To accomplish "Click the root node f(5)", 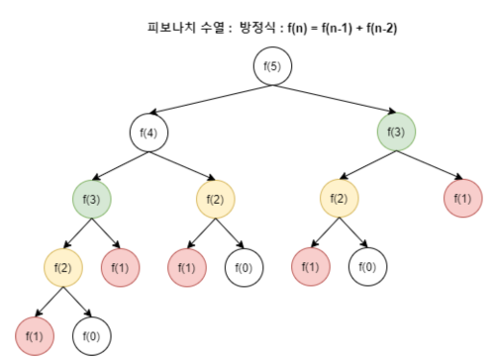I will click(x=272, y=67).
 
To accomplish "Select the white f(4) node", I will click(x=149, y=133).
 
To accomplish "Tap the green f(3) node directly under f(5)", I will click(x=396, y=133).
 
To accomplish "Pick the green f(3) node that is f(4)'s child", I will click(x=91, y=200).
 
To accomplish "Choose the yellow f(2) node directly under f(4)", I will click(x=215, y=200).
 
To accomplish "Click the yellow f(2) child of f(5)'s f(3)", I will click(x=339, y=200).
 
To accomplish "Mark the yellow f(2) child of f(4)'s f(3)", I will click(x=62, y=266).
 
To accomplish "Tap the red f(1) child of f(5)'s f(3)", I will click(x=462, y=200).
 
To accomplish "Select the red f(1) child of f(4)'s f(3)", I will click(x=120, y=266).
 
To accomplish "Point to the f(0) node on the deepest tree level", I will click(x=91, y=336).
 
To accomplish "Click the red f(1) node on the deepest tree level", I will click(x=34, y=336).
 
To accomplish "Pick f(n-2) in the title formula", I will click(x=382, y=27).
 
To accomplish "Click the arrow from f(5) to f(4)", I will click(x=211, y=100).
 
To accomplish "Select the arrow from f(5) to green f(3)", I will click(x=335, y=100).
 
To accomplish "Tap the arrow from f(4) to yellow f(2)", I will click(x=182, y=166).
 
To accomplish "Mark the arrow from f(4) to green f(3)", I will click(x=121, y=166).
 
